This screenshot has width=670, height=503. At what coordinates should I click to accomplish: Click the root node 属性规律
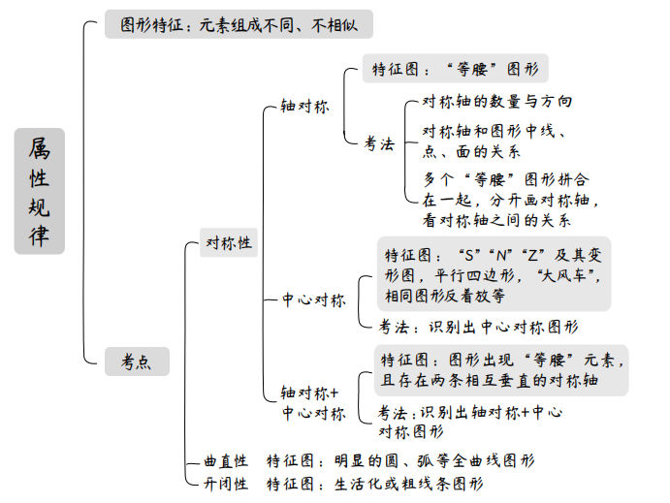[x=39, y=191]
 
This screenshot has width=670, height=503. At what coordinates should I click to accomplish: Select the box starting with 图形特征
[x=224, y=25]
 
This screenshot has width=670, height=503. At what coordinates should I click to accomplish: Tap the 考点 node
[x=136, y=362]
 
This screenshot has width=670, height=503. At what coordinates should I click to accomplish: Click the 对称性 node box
[x=228, y=242]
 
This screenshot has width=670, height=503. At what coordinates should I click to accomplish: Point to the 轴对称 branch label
[x=304, y=106]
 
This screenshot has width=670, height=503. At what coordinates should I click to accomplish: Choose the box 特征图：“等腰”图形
[x=456, y=69]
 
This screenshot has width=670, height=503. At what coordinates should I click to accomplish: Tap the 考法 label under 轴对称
[x=379, y=143]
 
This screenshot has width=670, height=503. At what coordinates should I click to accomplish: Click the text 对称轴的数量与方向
[x=497, y=101]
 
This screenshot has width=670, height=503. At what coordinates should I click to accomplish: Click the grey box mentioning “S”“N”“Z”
[x=495, y=275]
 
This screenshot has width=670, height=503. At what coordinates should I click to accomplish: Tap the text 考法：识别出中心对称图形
[x=478, y=327]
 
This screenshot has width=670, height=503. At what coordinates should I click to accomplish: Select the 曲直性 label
[x=226, y=460]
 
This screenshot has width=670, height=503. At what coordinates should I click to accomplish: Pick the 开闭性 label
[x=226, y=483]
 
